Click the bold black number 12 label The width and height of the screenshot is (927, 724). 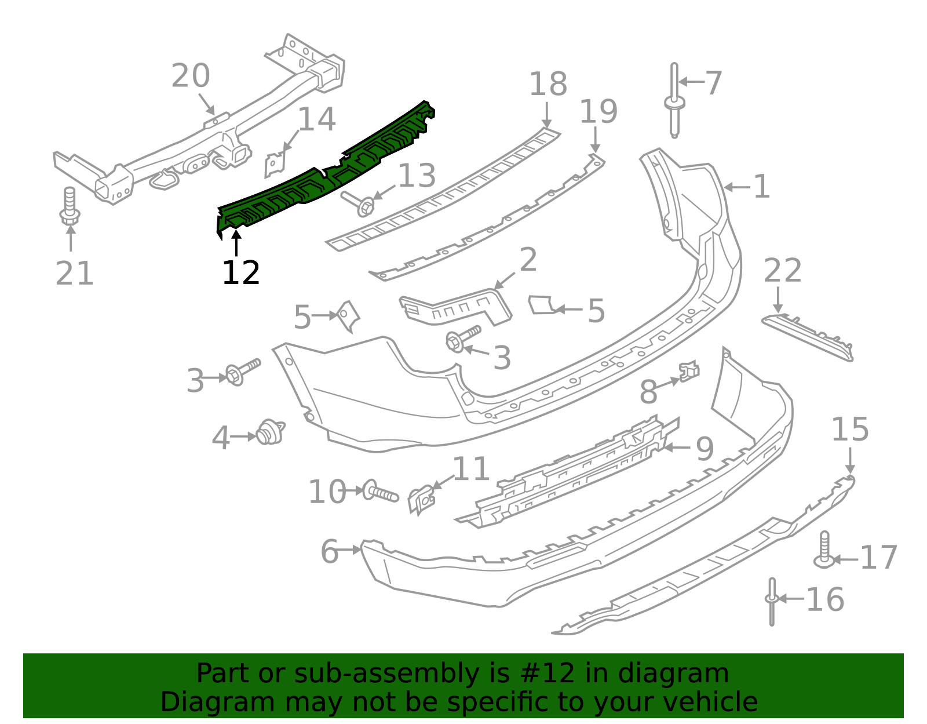(241, 272)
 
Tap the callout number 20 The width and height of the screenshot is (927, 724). (191, 76)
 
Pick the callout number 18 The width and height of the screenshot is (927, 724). (548, 83)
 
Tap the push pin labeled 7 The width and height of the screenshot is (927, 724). (674, 101)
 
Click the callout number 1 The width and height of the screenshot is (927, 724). (761, 187)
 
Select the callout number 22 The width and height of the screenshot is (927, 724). (782, 270)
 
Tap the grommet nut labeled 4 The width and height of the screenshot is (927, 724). (271, 432)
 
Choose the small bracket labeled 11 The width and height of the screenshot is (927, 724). (422, 499)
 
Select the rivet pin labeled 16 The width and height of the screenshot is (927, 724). (772, 602)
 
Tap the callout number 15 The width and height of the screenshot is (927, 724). (850, 429)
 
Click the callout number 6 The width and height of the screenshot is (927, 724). (330, 551)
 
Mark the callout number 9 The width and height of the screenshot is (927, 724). (705, 449)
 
